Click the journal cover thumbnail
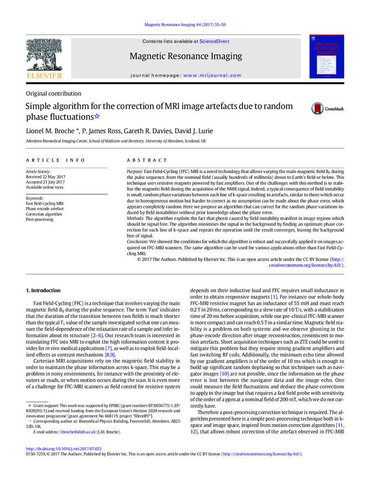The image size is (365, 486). (x=327, y=57)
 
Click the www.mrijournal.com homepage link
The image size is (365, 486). (x=212, y=75)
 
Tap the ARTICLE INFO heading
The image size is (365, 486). (x=55, y=160)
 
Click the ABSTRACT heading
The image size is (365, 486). (x=147, y=160)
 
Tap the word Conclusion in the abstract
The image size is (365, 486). (x=138, y=241)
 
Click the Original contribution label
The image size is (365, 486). (x=54, y=93)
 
